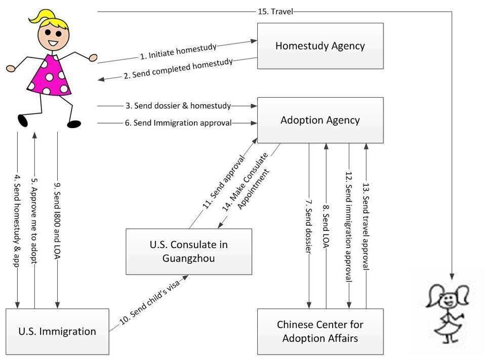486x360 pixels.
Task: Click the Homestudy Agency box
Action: pyautogui.click(x=320, y=46)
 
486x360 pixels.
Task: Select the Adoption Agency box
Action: pyautogui.click(x=320, y=120)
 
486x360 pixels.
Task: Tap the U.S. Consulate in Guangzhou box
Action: pyautogui.click(x=188, y=252)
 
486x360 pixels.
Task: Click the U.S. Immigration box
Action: pyautogui.click(x=57, y=332)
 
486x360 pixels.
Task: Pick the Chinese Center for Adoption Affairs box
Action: pyautogui.click(x=320, y=332)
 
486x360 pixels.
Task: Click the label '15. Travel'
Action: pyautogui.click(x=275, y=11)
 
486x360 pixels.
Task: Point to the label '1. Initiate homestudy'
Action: pyautogui.click(x=178, y=51)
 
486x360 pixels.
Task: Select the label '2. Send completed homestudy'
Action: pyautogui.click(x=178, y=69)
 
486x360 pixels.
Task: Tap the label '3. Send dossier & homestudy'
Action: pyautogui.click(x=178, y=106)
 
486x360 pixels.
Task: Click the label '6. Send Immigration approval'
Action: pyautogui.click(x=178, y=123)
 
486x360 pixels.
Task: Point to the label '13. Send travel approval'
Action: pyautogui.click(x=366, y=225)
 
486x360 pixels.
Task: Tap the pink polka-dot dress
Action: pyautogui.click(x=51, y=76)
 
